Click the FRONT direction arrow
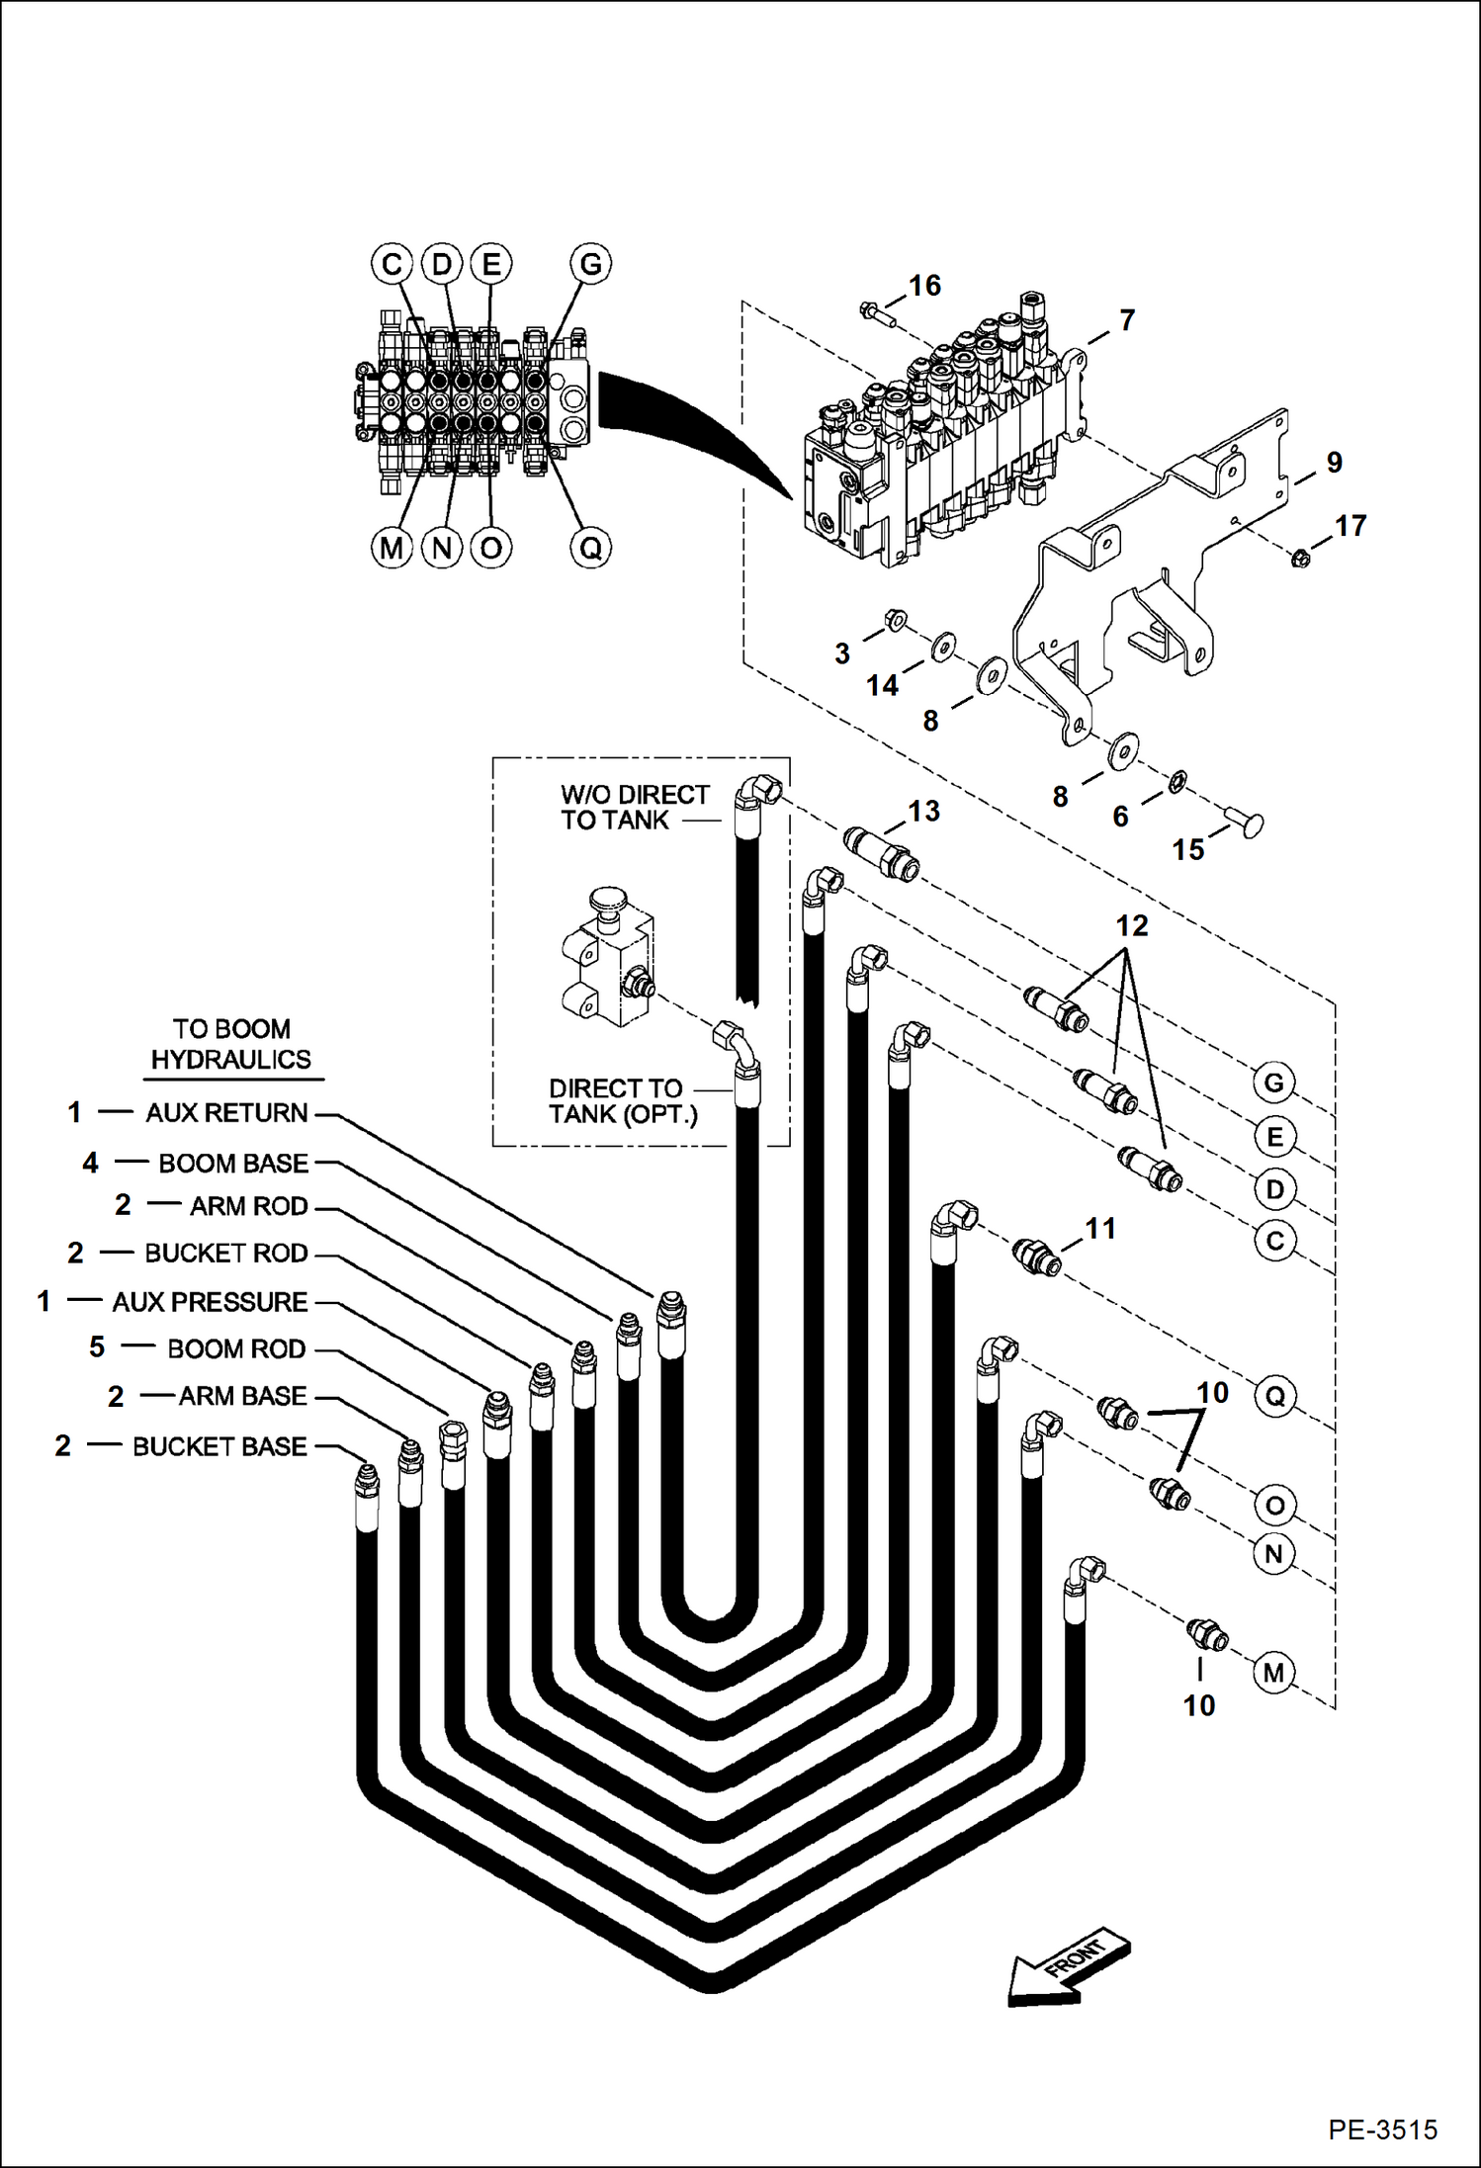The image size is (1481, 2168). pos(1068,1966)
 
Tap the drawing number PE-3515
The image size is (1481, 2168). pos(1382,2128)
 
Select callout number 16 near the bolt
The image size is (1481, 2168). pos(924,286)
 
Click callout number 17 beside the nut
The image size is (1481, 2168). pos(1350,526)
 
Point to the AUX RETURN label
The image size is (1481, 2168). pos(226,1113)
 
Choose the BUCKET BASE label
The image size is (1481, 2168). pos(219,1446)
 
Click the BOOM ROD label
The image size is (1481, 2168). pos(236,1348)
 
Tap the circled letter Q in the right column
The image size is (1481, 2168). pos(1275,1397)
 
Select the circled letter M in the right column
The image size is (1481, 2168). pos(1273,1673)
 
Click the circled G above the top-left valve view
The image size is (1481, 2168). pos(590,264)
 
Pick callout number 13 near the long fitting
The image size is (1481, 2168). pos(923,812)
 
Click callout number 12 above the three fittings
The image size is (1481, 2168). pos(1132,926)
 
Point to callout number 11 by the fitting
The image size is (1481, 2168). pos(1100,1229)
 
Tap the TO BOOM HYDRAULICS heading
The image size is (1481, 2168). pos(230,1044)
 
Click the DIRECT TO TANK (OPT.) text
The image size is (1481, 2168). pos(622,1101)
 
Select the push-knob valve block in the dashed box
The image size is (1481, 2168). pos(606,959)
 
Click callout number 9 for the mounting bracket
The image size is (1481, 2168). pos(1334,463)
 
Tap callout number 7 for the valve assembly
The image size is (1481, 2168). pos(1127,320)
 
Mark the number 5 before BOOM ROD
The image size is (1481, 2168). pos(97,1347)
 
